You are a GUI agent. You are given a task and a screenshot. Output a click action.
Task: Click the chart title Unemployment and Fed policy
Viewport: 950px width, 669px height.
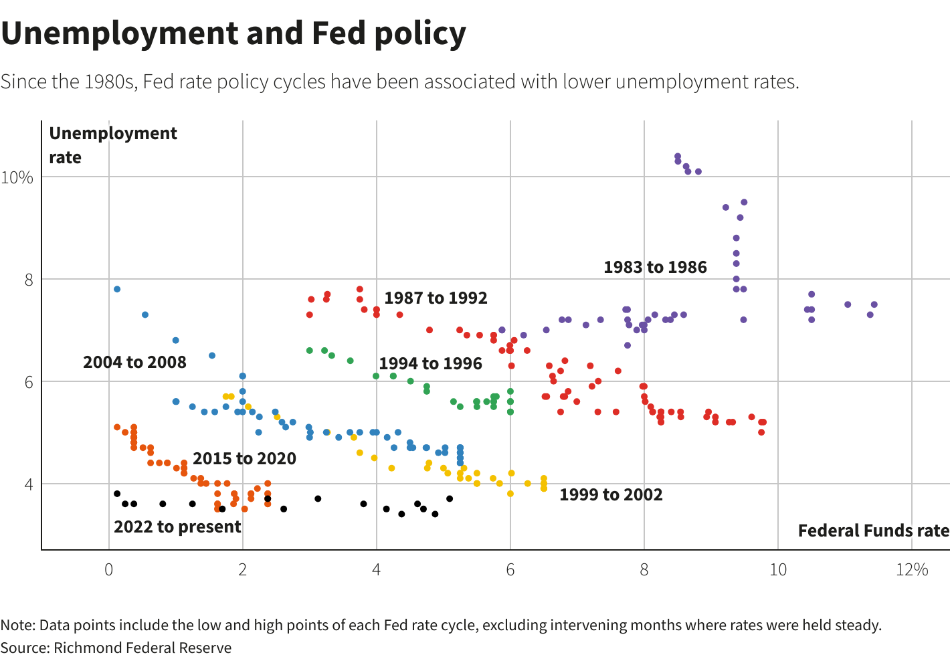point(233,33)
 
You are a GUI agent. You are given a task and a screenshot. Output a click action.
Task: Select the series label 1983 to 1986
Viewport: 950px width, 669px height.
point(655,268)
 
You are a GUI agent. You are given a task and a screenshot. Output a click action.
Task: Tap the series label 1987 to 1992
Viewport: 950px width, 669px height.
point(436,298)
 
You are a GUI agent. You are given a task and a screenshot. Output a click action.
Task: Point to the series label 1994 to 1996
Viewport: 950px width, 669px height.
point(430,364)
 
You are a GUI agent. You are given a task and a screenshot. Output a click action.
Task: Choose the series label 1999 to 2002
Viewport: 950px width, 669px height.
point(611,495)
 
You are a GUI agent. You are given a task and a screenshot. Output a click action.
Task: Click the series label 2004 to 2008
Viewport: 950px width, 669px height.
point(134,363)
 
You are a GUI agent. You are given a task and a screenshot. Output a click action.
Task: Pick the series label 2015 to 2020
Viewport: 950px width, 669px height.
point(244,459)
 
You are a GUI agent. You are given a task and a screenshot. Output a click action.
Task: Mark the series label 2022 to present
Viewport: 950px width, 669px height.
point(177,527)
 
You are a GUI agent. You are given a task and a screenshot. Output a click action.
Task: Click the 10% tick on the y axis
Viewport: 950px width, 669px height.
point(17,178)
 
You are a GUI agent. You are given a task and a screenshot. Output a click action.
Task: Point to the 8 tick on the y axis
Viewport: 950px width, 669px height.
point(29,280)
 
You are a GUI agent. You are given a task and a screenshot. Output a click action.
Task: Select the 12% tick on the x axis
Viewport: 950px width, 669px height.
point(912,570)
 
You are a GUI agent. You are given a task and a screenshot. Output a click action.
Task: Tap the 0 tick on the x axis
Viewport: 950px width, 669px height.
point(108,570)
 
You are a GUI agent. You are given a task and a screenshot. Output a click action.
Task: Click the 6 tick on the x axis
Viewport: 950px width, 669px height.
point(510,570)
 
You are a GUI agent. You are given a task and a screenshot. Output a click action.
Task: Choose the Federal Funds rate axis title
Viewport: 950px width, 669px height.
point(873,531)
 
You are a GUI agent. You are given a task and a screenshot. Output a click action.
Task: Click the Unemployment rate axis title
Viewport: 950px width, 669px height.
point(113,145)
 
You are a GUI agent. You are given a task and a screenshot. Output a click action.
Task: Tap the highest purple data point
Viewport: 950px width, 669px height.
point(678,157)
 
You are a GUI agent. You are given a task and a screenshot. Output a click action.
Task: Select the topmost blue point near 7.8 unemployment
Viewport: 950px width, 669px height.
point(117,289)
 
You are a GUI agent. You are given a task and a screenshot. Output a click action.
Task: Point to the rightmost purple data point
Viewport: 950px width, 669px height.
point(874,304)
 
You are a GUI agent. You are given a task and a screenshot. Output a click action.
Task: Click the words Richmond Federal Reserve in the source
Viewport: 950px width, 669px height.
point(142,648)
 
